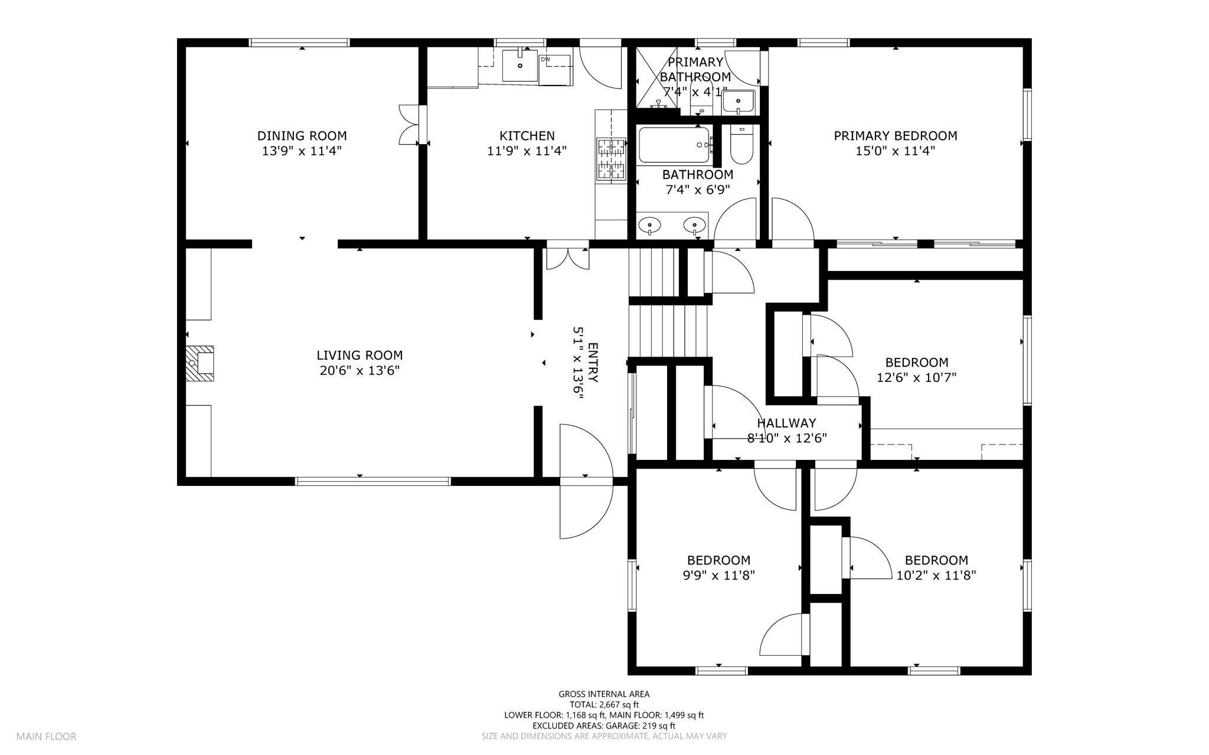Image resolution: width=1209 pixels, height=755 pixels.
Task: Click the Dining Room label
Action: (302, 136)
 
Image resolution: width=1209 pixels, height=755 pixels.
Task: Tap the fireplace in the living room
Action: (200, 363)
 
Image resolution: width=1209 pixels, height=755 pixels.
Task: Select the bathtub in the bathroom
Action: (674, 145)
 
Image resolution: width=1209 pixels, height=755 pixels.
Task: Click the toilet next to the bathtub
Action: (741, 145)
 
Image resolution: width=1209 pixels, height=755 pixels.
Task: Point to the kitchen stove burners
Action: (611, 158)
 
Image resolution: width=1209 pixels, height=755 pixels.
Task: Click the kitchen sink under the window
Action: (520, 65)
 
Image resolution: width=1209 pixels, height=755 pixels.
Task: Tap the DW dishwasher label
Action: (545, 59)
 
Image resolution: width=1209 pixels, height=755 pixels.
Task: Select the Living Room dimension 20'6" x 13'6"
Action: (360, 371)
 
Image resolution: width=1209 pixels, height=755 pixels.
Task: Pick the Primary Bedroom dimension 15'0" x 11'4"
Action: (895, 151)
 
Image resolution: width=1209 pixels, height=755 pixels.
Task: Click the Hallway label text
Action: (786, 423)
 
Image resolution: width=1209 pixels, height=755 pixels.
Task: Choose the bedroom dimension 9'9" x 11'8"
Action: (718, 576)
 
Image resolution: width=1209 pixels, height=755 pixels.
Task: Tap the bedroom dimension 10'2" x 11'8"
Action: (936, 576)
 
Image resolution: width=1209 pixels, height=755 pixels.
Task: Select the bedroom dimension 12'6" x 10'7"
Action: (916, 378)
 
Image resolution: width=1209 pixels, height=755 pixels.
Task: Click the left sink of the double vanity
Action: (649, 225)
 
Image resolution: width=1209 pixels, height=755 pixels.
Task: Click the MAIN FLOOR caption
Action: (46, 737)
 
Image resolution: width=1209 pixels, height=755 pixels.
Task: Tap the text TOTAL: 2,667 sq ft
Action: (604, 705)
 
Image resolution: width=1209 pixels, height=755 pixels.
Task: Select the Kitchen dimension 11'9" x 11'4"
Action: (527, 151)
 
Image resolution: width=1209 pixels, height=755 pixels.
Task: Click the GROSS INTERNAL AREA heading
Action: (604, 694)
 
